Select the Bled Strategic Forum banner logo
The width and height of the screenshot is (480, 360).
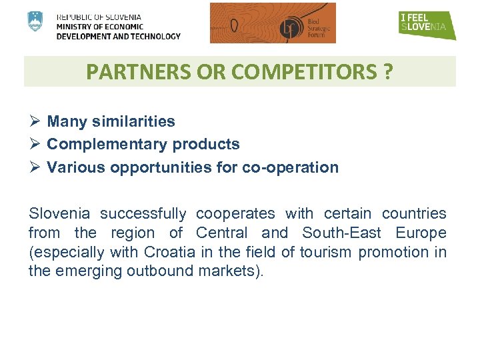click(273, 23)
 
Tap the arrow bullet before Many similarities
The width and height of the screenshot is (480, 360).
click(35, 121)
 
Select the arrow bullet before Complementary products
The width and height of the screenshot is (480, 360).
click(35, 144)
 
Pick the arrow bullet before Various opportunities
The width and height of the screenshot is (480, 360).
click(35, 167)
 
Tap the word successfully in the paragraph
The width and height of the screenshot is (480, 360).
click(143, 213)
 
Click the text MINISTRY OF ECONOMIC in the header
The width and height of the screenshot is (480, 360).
click(100, 27)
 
